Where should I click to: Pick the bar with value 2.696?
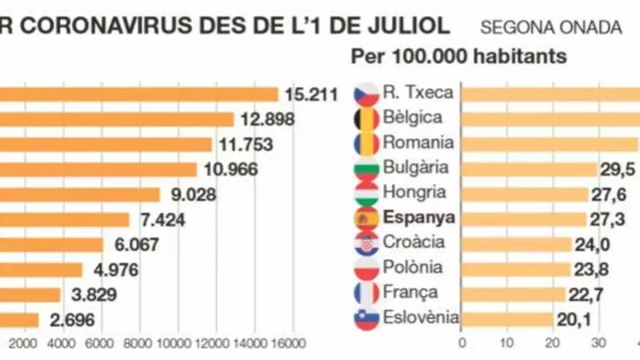click(19, 320)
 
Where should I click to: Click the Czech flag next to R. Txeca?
click(367, 94)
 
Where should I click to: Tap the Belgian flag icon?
click(367, 119)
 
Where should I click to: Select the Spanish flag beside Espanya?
click(367, 218)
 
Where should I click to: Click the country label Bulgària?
click(416, 168)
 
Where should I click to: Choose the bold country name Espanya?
click(419, 217)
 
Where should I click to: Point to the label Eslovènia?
click(421, 317)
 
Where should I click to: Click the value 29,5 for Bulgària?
click(617, 169)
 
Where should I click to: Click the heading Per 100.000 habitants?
click(459, 57)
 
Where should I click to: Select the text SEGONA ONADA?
click(551, 28)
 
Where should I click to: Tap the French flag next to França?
click(367, 293)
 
